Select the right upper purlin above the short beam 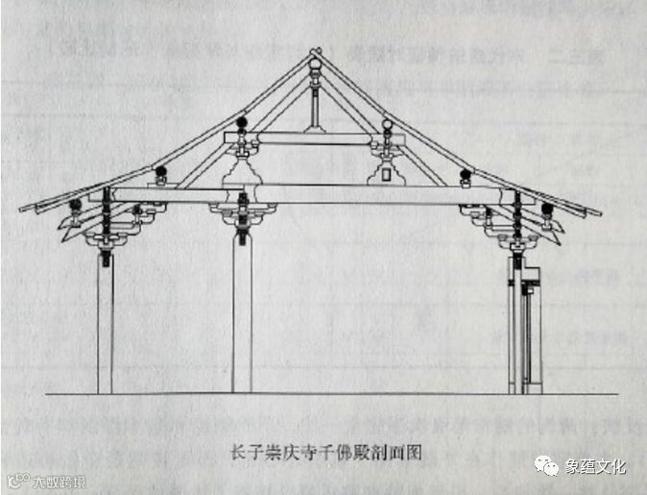point(387,124)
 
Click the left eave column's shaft point(105,327)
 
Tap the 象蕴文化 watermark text point(594,466)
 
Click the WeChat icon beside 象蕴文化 point(548,466)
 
